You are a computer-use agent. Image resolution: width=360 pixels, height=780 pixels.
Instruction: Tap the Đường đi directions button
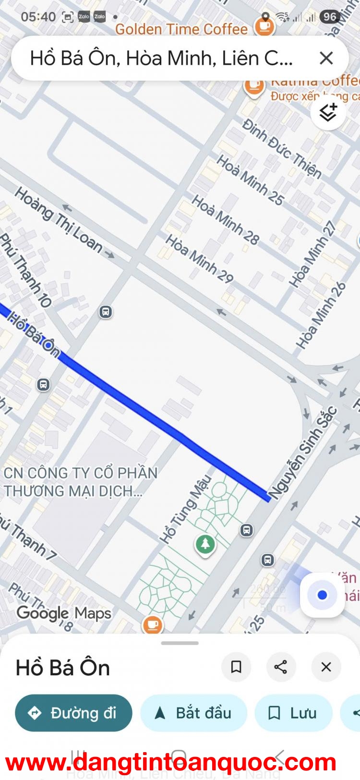pos(73,713)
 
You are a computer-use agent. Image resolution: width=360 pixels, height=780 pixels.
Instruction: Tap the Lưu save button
pos(293,713)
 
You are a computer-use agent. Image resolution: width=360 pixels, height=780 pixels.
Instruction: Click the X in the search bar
pos(326,59)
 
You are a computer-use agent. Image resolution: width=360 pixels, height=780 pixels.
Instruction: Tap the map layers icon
pos(328,112)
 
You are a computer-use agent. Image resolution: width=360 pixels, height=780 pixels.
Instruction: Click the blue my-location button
pos(323,595)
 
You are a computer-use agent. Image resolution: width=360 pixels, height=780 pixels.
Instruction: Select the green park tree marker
pos(205,544)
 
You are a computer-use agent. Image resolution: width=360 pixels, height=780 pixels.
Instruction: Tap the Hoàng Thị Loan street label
pos(59,220)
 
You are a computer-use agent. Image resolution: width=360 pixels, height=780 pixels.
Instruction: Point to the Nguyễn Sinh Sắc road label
pos(302,453)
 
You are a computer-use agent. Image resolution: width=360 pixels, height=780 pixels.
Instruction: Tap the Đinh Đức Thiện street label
pos(282,149)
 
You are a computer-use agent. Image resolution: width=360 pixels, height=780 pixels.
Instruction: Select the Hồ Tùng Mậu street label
pos(186,509)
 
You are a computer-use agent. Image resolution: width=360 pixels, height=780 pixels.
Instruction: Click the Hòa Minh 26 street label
pos(321,315)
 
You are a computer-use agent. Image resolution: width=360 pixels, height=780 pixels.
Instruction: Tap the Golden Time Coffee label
pos(181,29)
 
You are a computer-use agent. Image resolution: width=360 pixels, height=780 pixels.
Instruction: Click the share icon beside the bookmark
pos(281,667)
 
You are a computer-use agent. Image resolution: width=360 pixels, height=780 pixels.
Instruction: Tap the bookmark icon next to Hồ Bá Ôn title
pos(236,667)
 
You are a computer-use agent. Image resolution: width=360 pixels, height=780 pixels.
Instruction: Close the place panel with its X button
pos(326,667)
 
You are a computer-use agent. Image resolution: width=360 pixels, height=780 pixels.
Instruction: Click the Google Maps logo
pos(64,613)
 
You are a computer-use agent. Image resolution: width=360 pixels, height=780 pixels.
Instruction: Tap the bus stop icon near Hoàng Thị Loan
pos(106,312)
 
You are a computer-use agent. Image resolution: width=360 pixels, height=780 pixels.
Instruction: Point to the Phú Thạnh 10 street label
pos(26,272)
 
